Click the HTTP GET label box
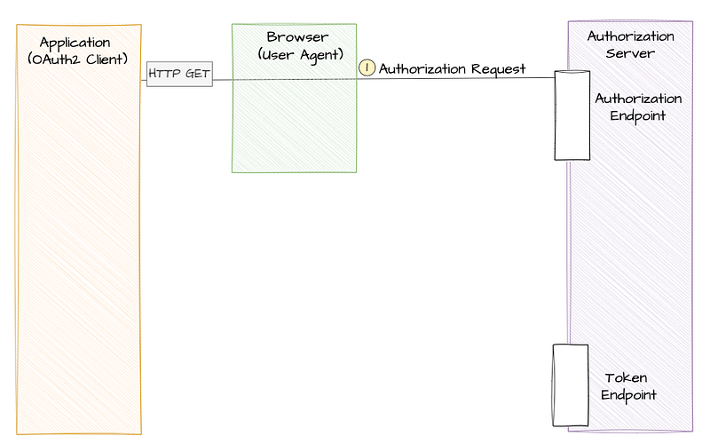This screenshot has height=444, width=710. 179,74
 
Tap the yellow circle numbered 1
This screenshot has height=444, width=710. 367,68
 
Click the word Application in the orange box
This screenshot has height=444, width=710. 75,44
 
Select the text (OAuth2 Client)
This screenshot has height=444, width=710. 77,59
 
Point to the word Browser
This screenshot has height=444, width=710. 297,36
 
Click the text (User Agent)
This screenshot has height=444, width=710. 301,55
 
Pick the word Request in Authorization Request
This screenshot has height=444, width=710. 498,69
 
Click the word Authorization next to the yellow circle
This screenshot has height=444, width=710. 422,69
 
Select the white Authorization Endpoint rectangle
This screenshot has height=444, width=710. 572,115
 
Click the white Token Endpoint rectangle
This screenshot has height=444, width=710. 571,385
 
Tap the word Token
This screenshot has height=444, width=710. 626,378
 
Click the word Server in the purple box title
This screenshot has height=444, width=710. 630,53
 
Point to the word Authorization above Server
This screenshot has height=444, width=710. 630,36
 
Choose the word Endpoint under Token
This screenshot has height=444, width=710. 628,395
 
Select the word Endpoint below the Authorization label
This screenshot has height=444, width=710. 637,116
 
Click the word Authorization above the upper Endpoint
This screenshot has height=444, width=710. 638,99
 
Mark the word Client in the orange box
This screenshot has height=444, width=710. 106,59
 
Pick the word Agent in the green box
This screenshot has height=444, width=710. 321,56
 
